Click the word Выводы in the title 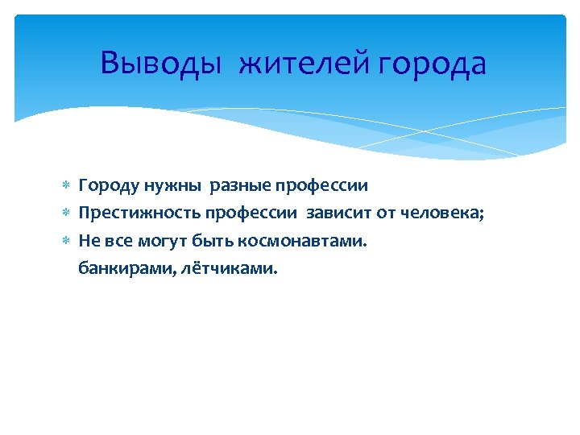[160, 64]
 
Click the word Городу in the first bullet [109, 186]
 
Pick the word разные [240, 186]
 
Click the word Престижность [139, 213]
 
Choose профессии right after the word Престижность [253, 213]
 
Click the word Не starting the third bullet [89, 241]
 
